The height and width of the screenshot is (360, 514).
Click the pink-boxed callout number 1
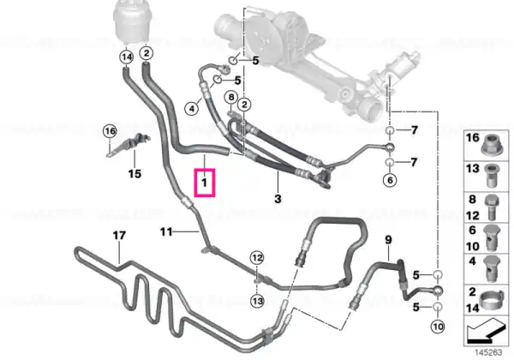204,183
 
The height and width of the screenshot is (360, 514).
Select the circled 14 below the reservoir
127,57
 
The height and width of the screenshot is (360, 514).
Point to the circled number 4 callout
192,108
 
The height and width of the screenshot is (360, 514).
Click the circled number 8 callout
231,98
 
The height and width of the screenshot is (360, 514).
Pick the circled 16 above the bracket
110,131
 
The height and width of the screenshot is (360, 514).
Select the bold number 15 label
134,173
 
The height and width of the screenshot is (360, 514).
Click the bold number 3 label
278,199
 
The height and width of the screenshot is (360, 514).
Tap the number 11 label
166,232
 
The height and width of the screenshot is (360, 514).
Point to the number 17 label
119,236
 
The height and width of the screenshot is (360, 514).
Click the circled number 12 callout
257,258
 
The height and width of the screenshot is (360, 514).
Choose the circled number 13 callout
257,301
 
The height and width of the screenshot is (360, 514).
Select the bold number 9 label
388,240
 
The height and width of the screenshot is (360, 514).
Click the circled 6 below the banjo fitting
390,180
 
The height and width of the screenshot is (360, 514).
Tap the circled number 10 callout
438,327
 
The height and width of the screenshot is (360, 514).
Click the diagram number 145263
488,352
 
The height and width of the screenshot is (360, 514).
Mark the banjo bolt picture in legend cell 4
492,268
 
